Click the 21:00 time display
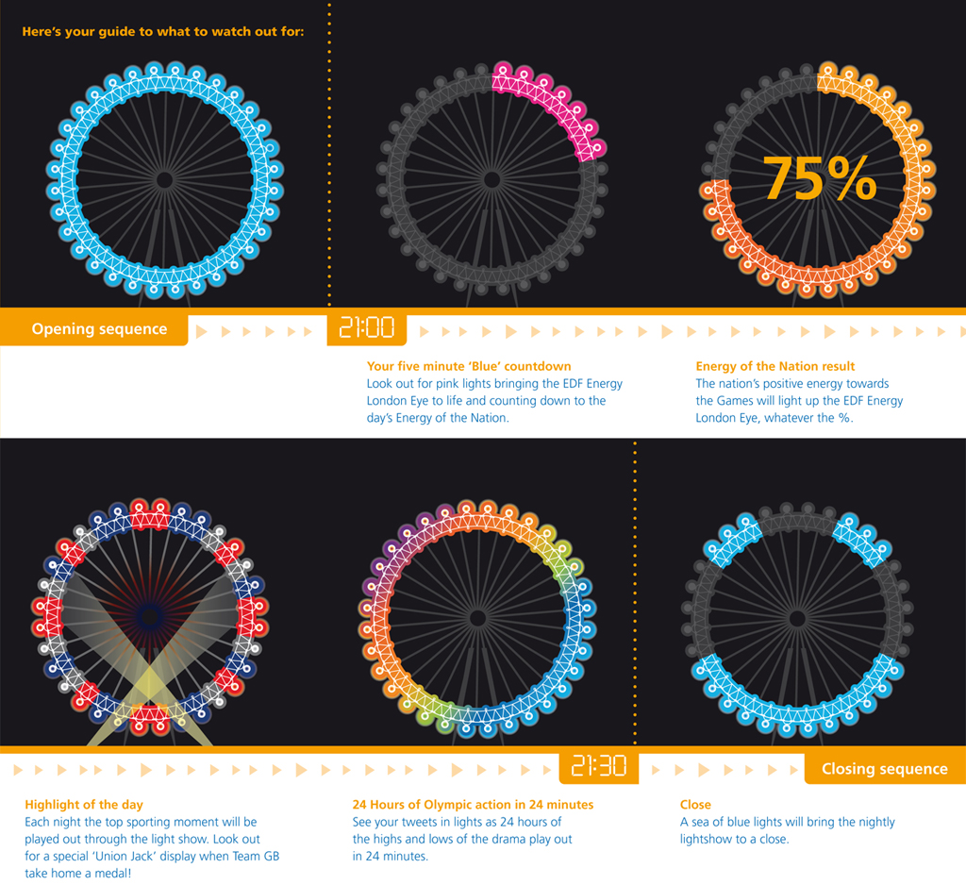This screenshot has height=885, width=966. pos(366,328)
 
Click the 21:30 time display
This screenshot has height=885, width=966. pos(599,765)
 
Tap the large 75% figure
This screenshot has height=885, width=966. pos(819,178)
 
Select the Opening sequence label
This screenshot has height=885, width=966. pos(99,329)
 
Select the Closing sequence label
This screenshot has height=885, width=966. pos(884,769)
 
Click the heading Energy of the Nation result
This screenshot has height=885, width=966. pos(774,366)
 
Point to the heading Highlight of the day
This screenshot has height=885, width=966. pos(84,805)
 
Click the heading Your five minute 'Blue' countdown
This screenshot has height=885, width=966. pos(469,366)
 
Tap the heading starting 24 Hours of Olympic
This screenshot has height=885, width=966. pos(473,805)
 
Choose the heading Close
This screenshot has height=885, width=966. pos(695,805)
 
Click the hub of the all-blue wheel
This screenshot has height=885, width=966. pos(164,179)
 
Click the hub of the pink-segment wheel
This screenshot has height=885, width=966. pos(491,179)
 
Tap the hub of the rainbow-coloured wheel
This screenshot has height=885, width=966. pos(477,618)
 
